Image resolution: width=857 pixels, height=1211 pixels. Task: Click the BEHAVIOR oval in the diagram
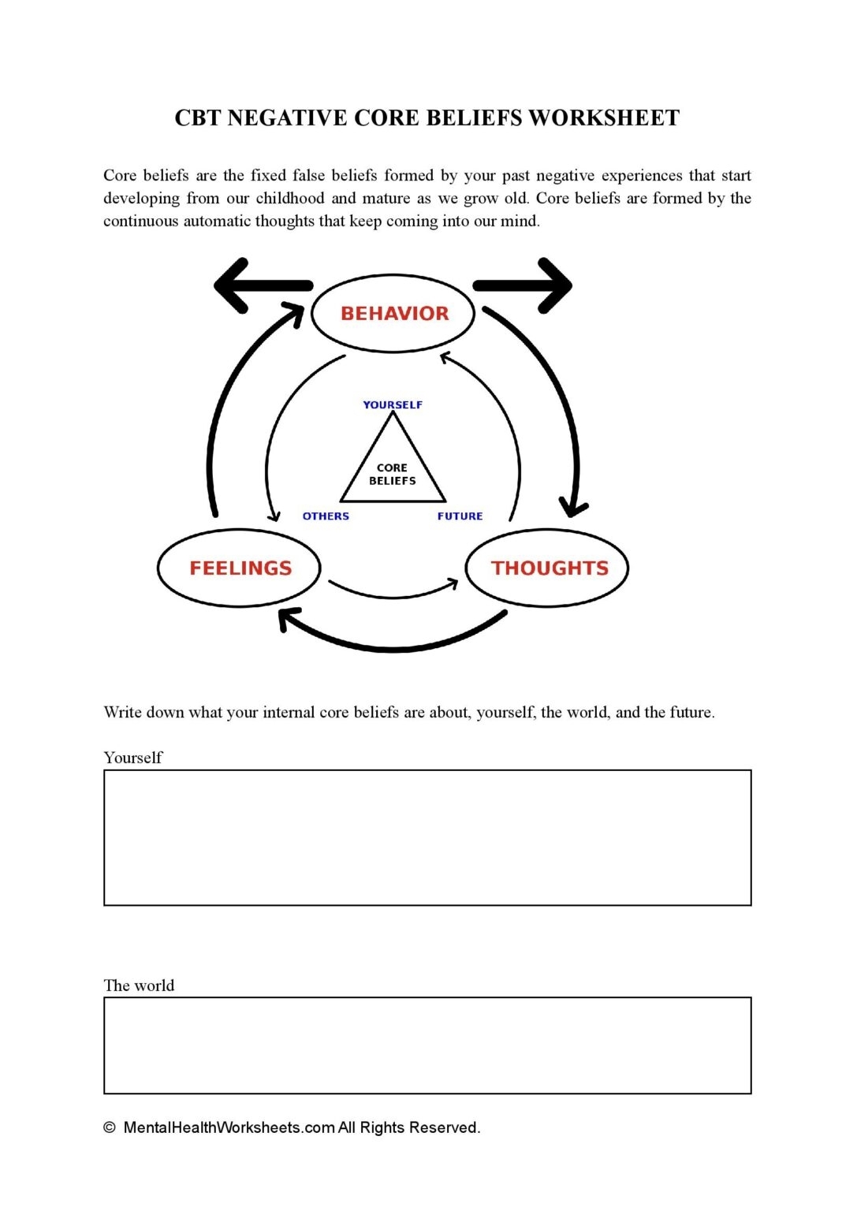[393, 313]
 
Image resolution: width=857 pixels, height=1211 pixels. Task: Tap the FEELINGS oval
[240, 568]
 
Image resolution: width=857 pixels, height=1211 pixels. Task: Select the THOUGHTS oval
[549, 568]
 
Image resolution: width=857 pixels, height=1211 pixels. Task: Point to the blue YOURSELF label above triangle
[393, 404]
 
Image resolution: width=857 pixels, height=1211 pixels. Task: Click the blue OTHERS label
[326, 516]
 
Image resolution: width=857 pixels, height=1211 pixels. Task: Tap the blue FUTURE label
[460, 516]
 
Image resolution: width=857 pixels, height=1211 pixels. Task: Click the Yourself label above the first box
[132, 758]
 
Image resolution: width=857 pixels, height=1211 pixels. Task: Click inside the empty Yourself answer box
[427, 837]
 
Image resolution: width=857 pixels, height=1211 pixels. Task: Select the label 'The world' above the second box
[139, 986]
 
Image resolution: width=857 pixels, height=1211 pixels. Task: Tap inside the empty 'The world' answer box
[427, 1045]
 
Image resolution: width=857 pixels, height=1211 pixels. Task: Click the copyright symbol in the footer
[110, 1127]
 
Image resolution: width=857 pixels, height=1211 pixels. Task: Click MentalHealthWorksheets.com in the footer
[229, 1127]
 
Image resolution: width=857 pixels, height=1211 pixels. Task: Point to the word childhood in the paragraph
[290, 198]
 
